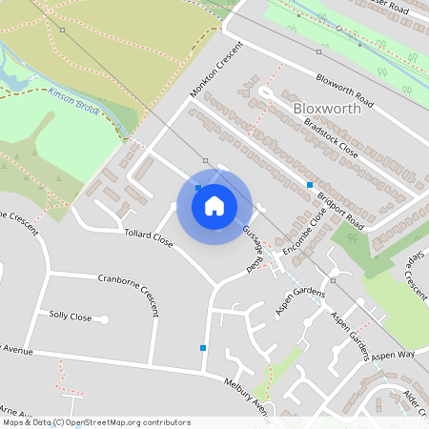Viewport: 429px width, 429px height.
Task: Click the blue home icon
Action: click(214, 205)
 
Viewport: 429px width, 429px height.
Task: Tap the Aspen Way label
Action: click(394, 355)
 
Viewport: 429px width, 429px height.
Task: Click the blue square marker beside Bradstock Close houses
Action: click(310, 184)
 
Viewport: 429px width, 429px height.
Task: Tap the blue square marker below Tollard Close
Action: click(203, 348)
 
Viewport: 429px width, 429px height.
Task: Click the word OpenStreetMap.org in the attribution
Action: click(116, 422)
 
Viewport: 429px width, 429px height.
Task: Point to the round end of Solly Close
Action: click(104, 318)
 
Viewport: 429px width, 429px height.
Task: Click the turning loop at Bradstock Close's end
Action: click(264, 92)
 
